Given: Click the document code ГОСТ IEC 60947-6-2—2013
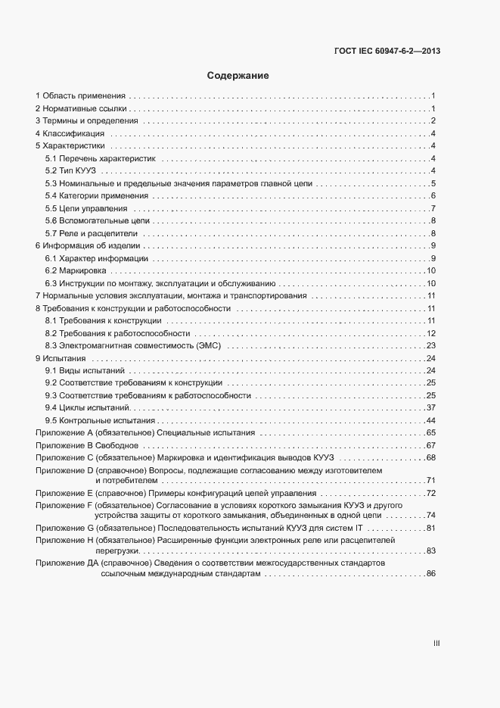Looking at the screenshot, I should point(387,51).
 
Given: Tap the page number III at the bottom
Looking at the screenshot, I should point(436,644).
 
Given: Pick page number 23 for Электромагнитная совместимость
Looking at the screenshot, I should point(430,345).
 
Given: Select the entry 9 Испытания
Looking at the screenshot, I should point(61,358).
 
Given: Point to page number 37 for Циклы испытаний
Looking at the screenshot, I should point(430,407).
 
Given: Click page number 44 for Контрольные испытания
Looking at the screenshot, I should point(430,420).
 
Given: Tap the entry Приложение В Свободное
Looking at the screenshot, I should point(86,445).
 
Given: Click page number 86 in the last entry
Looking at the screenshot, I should point(430,575).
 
